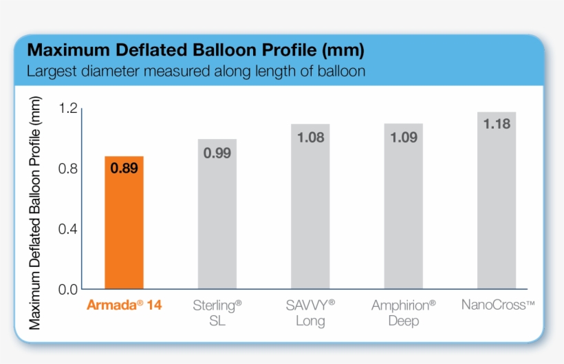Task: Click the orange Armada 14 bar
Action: click(x=124, y=227)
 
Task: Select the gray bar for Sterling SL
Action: click(x=217, y=220)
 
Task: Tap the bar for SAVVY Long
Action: click(x=310, y=213)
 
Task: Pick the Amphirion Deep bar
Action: click(x=404, y=213)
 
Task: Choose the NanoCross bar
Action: click(x=497, y=206)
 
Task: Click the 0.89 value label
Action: click(x=124, y=169)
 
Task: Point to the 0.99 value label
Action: click(x=217, y=153)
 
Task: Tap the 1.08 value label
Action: click(x=310, y=138)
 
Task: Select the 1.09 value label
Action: click(x=404, y=138)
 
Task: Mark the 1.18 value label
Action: click(x=497, y=125)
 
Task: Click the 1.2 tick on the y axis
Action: click(x=67, y=108)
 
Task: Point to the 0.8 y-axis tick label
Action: click(x=67, y=169)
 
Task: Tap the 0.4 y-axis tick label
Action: click(x=67, y=229)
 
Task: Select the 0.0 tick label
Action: click(x=67, y=289)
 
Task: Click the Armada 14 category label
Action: click(x=124, y=305)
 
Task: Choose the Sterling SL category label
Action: click(x=217, y=312)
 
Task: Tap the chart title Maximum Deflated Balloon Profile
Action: click(x=195, y=50)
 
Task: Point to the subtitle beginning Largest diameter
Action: click(x=195, y=71)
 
